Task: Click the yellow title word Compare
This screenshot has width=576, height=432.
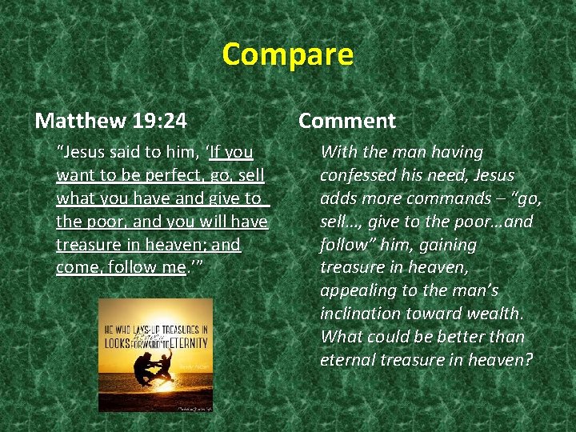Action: (x=287, y=54)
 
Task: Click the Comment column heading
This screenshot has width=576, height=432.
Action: (x=346, y=121)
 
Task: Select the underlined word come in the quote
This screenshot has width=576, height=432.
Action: (x=76, y=268)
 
